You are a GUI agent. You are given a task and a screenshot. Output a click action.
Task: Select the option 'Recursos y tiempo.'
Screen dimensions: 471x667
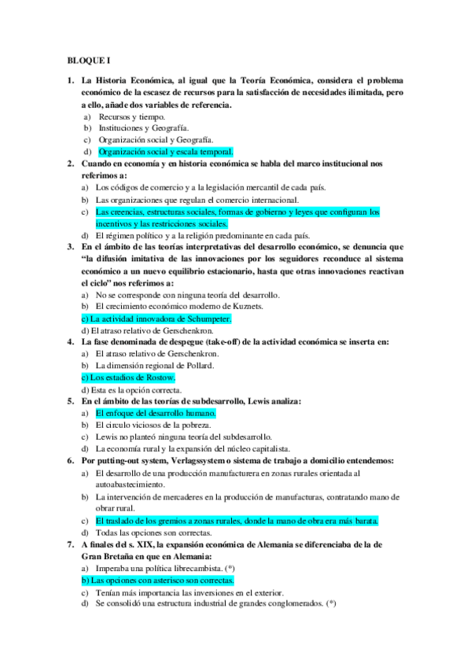[132, 116]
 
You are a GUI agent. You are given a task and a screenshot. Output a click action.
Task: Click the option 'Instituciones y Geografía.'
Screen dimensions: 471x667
[144, 128]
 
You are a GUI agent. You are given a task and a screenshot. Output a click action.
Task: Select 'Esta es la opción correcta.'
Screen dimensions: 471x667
[131, 389]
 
